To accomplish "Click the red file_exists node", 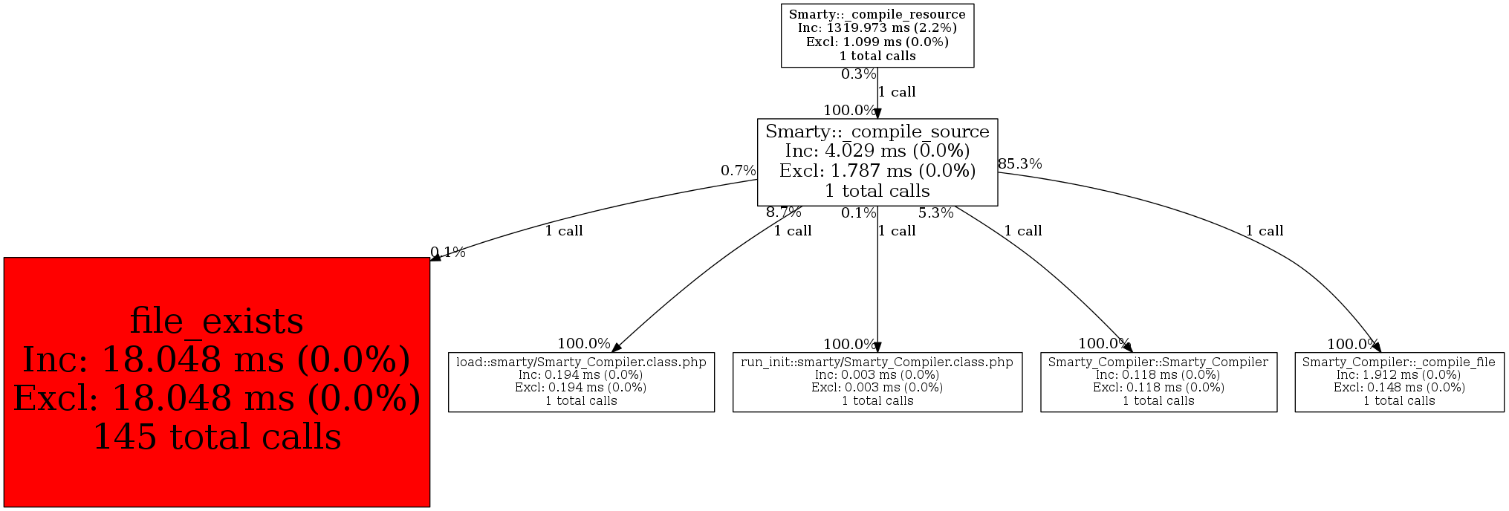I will [216, 382].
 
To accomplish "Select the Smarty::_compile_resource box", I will [877, 35].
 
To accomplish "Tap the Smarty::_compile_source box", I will [877, 161].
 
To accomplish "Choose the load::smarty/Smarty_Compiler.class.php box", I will [581, 382].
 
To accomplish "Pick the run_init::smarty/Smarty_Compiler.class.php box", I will [877, 382].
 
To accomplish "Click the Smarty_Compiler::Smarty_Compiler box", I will [1158, 382].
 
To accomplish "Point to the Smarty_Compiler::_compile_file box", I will [1398, 382].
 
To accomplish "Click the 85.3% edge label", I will [1019, 164].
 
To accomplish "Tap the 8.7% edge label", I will [784, 212].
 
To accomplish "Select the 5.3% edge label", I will [935, 213].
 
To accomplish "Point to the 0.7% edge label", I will [738, 171].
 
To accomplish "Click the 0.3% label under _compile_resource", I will [858, 74].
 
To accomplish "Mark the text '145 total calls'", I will [216, 437].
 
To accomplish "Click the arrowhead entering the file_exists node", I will [435, 256].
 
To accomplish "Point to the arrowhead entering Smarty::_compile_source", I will [877, 113].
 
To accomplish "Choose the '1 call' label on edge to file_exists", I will [563, 231].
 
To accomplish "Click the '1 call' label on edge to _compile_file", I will [1264, 231].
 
